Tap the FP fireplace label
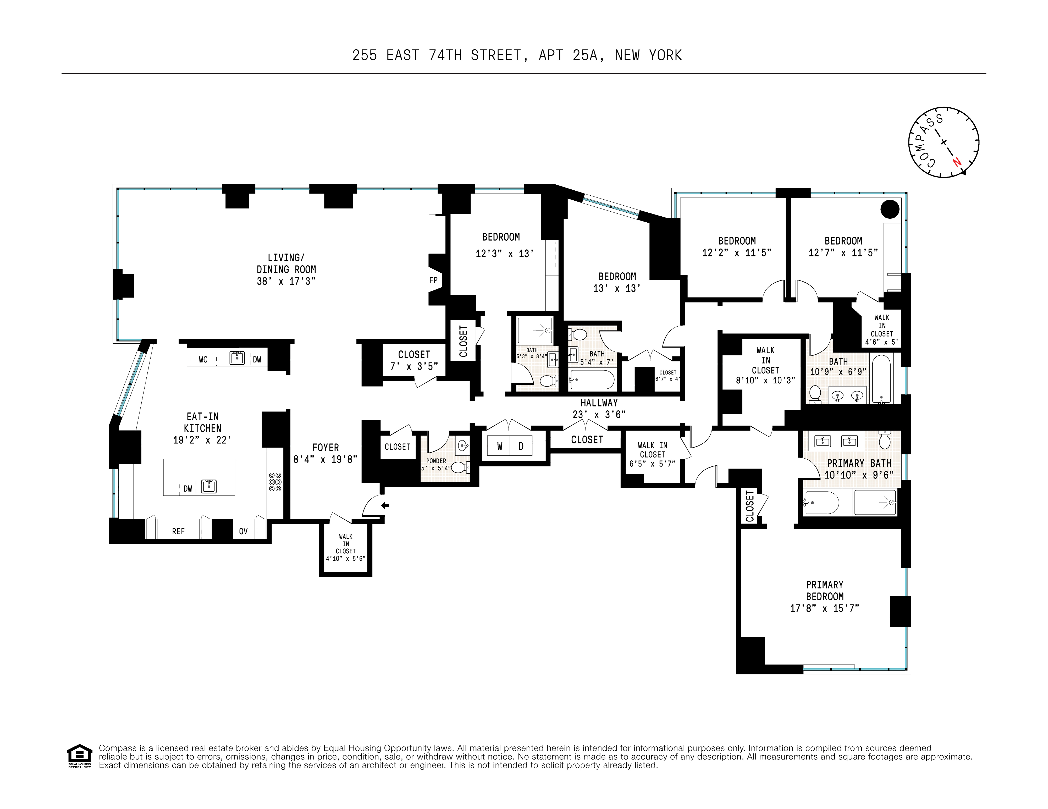(x=433, y=280)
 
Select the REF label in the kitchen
(x=179, y=531)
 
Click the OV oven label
(x=243, y=531)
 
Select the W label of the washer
(x=500, y=446)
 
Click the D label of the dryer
(x=521, y=446)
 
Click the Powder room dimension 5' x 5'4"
(x=436, y=468)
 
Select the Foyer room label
(x=325, y=448)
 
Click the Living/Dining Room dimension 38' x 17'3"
(x=286, y=281)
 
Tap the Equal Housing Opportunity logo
(x=79, y=756)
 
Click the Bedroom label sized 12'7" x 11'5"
(x=843, y=241)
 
